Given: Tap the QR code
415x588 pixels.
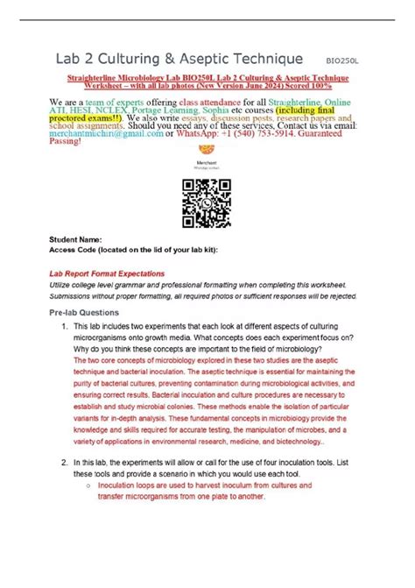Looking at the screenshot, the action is pos(206,202).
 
